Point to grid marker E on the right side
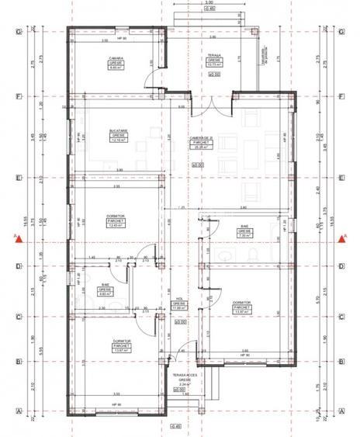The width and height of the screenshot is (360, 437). pyautogui.click(x=342, y=177)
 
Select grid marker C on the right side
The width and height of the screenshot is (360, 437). pyautogui.click(x=342, y=316)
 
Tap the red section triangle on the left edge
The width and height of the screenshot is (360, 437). pyautogui.click(x=16, y=239)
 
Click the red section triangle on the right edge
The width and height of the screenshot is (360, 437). pyautogui.click(x=342, y=239)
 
